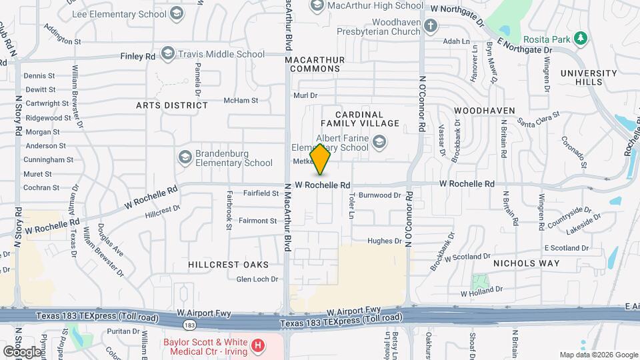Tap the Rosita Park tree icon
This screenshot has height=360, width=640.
pos(581,38)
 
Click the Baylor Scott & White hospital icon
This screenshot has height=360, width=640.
pos(257,347)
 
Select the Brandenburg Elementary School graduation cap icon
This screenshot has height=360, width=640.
pos(185,157)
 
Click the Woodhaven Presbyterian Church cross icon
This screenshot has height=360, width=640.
pos(431,26)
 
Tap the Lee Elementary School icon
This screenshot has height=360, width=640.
pos(177,13)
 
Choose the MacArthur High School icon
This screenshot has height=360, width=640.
pos(317,6)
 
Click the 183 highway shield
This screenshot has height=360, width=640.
pos(191,325)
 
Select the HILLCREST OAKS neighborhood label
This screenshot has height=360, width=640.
pos(223,264)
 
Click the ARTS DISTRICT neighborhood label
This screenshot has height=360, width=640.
pos(172,105)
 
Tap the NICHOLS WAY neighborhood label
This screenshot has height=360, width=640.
pos(526,263)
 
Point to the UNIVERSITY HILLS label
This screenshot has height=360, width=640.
pos(589,77)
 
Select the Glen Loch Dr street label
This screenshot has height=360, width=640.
pos(257,279)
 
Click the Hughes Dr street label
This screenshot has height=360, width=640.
pos(384,241)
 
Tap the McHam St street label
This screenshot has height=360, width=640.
pos(241,100)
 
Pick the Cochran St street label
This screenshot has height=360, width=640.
pos(42,188)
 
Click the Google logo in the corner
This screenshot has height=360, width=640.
pos(22,351)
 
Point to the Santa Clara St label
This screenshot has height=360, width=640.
pos(538,121)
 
